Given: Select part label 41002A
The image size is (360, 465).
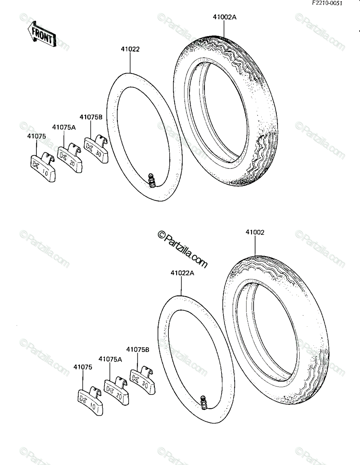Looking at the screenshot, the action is click(x=225, y=17).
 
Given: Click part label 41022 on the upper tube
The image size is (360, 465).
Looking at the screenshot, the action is click(x=130, y=49).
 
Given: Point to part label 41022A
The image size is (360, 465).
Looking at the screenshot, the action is click(x=182, y=273).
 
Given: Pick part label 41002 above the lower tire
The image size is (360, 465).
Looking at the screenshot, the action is click(x=255, y=232).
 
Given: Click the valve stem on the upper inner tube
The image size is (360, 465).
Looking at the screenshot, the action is click(x=152, y=181).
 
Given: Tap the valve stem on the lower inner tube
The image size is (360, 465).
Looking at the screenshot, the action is click(x=204, y=403).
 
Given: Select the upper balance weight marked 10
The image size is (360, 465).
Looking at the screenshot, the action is click(x=42, y=167).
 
